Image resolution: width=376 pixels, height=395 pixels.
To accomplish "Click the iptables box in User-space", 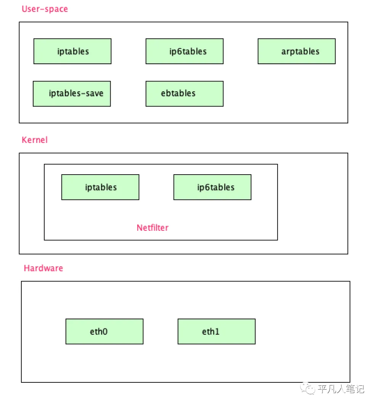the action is pos(72,51).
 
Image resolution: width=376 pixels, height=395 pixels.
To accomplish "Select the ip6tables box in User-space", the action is pos(185,51).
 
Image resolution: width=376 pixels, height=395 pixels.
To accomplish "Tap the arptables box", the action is pos(297,51).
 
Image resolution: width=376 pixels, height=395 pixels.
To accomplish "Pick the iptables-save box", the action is pos(72,94).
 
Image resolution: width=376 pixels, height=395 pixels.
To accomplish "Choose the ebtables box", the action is pos(185,94).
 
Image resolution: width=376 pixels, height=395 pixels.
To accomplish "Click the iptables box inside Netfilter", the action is pos(100,187).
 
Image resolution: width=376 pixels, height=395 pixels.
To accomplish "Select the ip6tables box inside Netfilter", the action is pos(212,187).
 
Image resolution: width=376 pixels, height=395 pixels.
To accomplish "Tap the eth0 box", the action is pos(104,332).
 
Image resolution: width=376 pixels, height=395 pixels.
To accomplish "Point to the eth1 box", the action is pos(217,332).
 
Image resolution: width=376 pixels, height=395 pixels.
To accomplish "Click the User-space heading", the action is pos(45,9).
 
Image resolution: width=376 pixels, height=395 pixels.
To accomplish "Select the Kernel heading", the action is pos(35,140).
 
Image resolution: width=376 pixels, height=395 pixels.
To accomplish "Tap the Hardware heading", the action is pos(43,268).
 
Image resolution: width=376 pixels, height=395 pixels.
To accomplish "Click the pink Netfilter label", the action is pos(153,228).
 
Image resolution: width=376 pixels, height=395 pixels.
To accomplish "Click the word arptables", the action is pos(300,52).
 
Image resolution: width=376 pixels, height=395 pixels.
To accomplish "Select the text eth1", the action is pos(211,332).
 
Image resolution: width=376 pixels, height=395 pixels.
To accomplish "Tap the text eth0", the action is pos(99,332).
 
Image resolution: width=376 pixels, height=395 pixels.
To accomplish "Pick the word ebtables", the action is pos(178,94).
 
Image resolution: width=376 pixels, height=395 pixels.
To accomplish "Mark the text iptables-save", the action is pos(76,94).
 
